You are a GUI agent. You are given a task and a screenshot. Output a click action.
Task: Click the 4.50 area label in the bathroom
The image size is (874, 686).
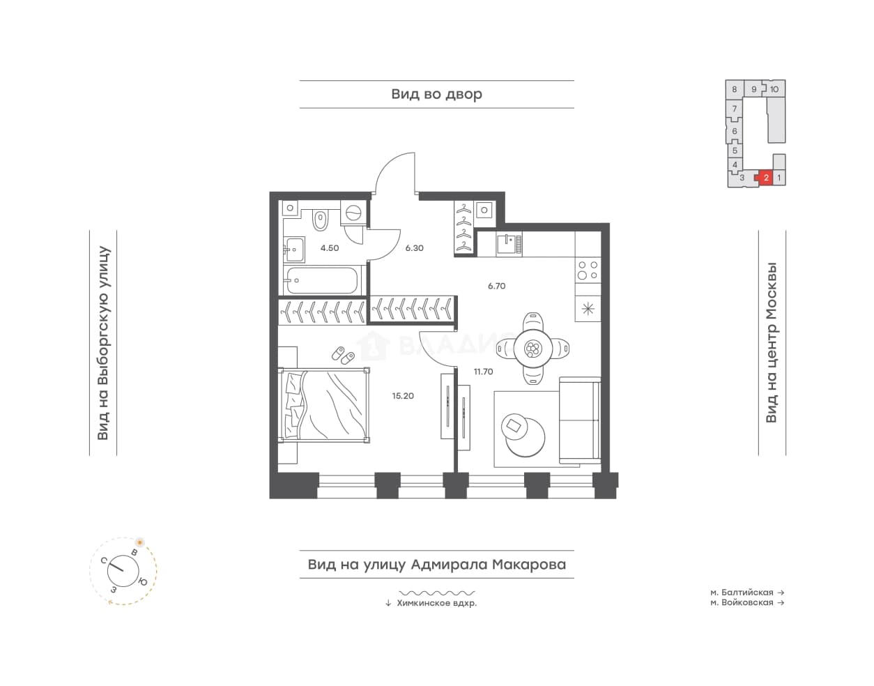(x=330, y=248)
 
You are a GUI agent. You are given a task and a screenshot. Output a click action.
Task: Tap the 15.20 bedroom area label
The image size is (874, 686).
(x=403, y=396)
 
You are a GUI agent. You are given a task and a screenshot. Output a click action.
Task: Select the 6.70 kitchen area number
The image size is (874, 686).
(x=496, y=286)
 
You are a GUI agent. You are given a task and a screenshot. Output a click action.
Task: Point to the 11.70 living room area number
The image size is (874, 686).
(x=483, y=372)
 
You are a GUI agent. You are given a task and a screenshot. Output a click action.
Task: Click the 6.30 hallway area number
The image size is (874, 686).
(x=414, y=248)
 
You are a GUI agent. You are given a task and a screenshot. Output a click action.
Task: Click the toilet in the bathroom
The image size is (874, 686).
(x=320, y=220)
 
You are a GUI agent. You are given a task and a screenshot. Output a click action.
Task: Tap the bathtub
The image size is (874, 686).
(x=321, y=280)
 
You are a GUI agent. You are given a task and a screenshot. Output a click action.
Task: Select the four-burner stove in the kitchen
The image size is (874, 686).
(x=588, y=270)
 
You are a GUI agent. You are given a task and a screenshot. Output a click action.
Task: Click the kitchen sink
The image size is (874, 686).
(x=509, y=244)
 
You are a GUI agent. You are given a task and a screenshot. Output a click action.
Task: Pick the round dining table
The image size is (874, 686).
(x=533, y=348)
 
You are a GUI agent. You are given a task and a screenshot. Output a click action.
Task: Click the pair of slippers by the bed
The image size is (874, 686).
(x=343, y=356)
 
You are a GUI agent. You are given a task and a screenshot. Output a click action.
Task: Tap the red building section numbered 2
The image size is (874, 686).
(x=765, y=178)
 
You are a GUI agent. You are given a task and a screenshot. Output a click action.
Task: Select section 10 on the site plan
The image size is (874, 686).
(x=774, y=89)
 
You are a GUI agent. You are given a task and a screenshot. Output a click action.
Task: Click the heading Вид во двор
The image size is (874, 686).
(x=436, y=94)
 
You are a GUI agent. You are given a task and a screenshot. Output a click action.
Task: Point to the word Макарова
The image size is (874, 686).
(x=529, y=565)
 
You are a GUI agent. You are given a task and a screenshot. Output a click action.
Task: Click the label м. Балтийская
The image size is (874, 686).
(x=742, y=593)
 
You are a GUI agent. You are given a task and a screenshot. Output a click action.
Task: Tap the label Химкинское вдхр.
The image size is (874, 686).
(x=436, y=603)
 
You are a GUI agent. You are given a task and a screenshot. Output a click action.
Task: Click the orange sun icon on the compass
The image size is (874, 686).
(x=139, y=543)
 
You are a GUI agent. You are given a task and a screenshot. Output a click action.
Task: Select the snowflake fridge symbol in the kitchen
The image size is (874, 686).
(x=588, y=309)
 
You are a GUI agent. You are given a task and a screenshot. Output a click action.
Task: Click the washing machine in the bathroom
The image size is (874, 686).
(x=353, y=212)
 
